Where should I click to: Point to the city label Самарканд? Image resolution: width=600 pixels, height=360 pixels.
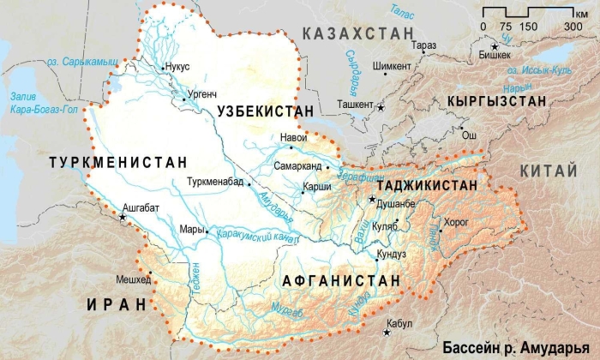click(297, 165)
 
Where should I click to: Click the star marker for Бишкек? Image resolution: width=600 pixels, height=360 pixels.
click(495, 45)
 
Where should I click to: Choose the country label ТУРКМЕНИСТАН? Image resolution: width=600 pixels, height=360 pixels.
click(117, 161)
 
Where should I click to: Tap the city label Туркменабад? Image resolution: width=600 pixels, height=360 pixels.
click(214, 183)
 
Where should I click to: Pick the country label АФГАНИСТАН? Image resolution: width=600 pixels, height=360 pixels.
click(342, 280)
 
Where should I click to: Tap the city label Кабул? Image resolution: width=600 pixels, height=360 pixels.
click(399, 324)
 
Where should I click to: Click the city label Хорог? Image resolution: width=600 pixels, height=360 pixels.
click(458, 221)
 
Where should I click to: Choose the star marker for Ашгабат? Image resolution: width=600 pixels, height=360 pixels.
click(123, 219)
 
